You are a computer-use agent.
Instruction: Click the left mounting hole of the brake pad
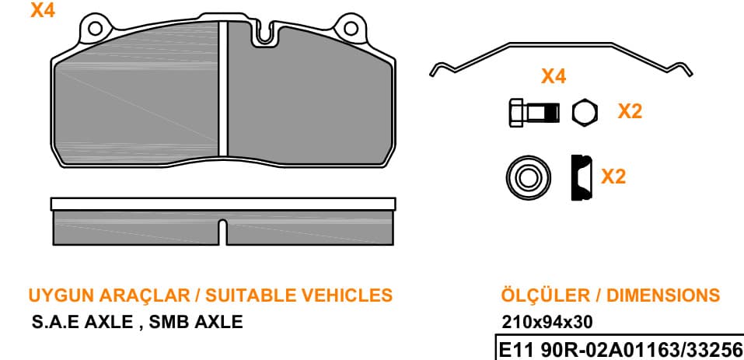tap(96, 28)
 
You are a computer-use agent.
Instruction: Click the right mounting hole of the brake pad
tap(351, 28)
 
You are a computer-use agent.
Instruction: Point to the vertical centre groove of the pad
tap(223, 89)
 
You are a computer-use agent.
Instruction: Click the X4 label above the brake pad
tap(43, 10)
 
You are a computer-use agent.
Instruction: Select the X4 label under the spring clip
tap(554, 76)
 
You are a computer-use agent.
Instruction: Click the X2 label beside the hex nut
tap(630, 111)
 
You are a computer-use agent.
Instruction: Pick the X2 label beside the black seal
tap(613, 177)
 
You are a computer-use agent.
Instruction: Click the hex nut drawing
tap(585, 113)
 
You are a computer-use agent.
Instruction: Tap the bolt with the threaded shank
tap(534, 113)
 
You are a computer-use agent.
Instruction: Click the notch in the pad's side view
tap(222, 232)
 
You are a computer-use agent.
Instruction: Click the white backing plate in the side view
tap(223, 204)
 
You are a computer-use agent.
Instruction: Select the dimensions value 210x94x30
tap(547, 323)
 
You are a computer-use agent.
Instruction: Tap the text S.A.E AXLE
tap(82, 322)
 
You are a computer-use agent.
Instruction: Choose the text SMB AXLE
tap(196, 322)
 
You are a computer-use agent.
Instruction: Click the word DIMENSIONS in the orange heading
tap(663, 295)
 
